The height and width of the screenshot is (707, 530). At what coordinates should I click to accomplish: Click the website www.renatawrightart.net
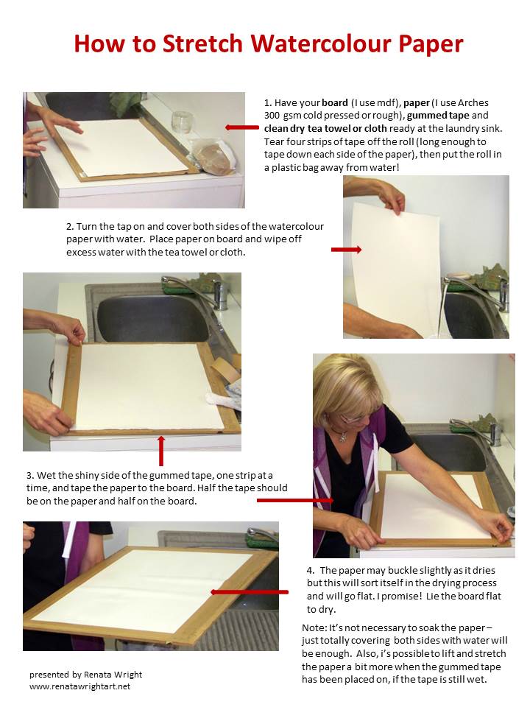pyautogui.click(x=79, y=686)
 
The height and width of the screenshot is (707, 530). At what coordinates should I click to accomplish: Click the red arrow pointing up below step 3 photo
pyautogui.click(x=161, y=450)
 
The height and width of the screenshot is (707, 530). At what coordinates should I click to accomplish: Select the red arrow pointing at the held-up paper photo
pyautogui.click(x=346, y=250)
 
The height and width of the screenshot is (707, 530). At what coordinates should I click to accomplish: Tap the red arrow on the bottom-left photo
pyautogui.click(x=249, y=591)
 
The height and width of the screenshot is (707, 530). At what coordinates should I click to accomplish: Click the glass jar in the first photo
pyautogui.click(x=181, y=123)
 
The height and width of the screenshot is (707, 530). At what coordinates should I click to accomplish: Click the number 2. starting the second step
pyautogui.click(x=71, y=226)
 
